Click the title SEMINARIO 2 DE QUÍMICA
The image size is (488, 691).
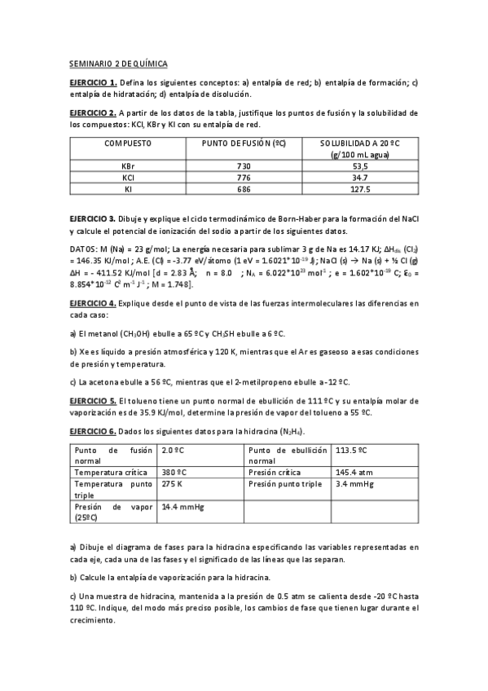click(117, 63)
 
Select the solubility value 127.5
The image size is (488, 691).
click(359, 189)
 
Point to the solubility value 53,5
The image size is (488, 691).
click(359, 165)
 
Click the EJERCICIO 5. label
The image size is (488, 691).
click(93, 401)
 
